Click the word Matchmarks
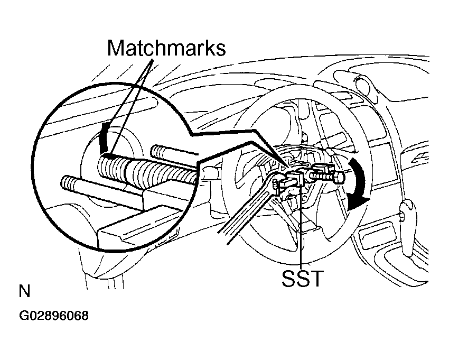(166, 48)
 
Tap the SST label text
(303, 278)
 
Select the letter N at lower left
(24, 291)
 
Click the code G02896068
(54, 316)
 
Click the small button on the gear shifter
(402, 216)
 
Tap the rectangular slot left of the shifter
(373, 235)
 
